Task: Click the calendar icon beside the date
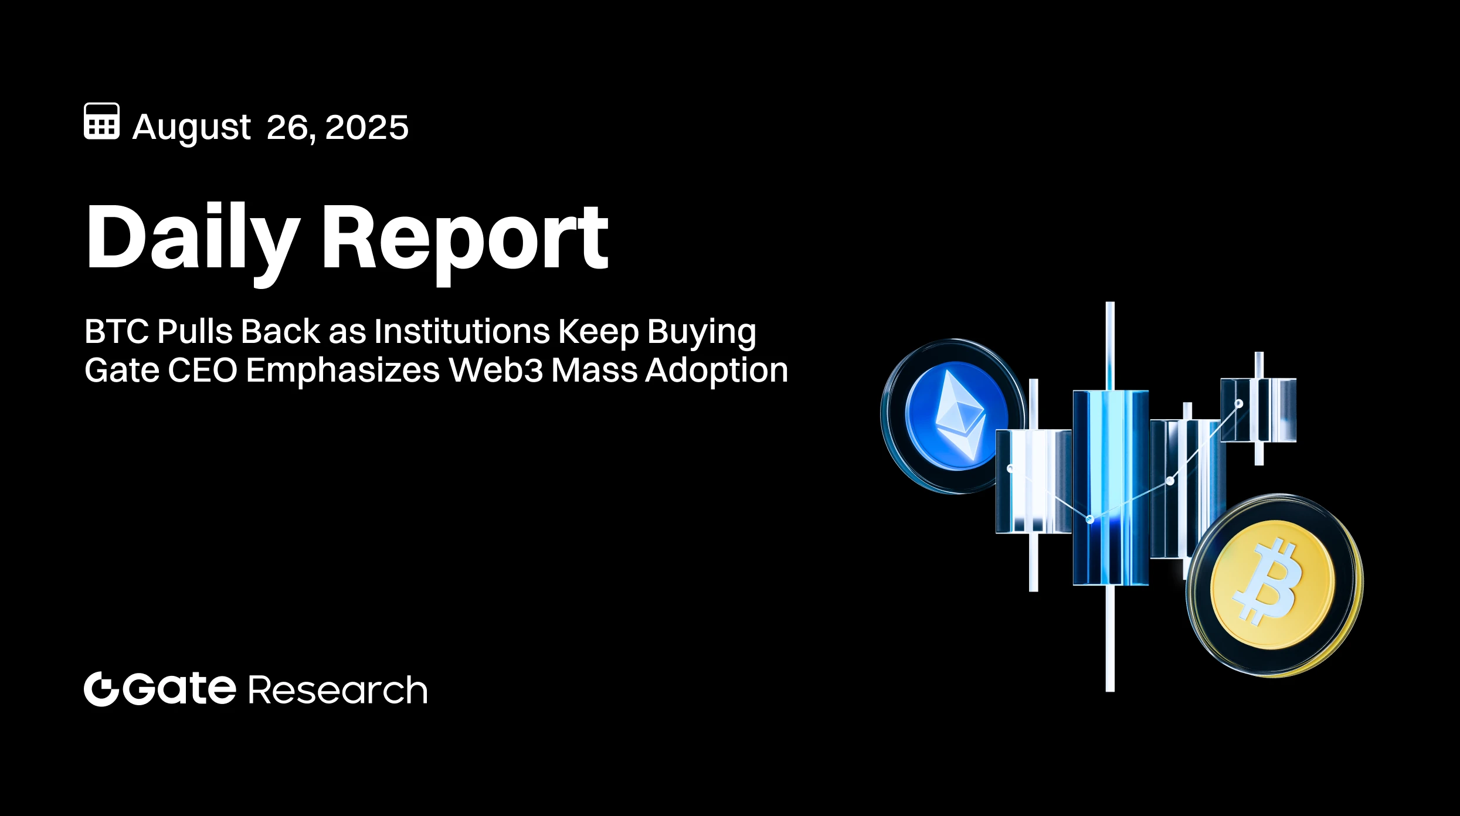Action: (x=101, y=121)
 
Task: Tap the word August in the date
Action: (x=192, y=127)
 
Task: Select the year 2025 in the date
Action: (x=366, y=127)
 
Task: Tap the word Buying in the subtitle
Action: (x=701, y=332)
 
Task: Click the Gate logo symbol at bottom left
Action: (x=101, y=689)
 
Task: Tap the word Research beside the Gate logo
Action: (x=338, y=690)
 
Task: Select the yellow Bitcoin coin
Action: (x=1274, y=585)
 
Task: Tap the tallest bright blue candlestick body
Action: (x=1110, y=487)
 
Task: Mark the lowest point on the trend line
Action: (x=1090, y=519)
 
